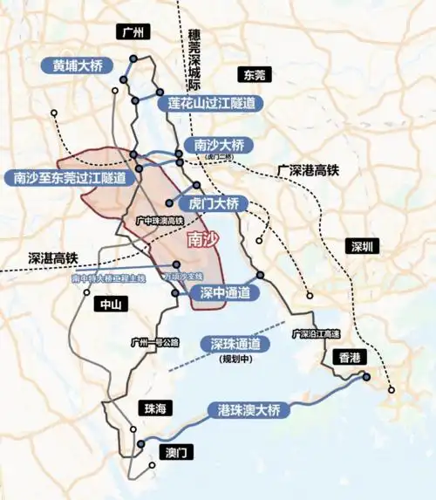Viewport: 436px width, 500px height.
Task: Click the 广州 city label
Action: point(133,32)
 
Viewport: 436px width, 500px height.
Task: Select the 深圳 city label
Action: point(358,247)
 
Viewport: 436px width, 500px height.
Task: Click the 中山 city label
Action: point(107,305)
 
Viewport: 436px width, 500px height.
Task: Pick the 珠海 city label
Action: point(153,408)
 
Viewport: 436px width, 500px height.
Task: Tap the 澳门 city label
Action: point(178,452)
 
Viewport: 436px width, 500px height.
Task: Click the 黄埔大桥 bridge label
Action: point(78,65)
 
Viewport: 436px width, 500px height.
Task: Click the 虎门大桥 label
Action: point(213,203)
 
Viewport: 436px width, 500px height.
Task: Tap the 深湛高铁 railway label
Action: point(52,258)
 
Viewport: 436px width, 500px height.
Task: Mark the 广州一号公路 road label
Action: point(154,342)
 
